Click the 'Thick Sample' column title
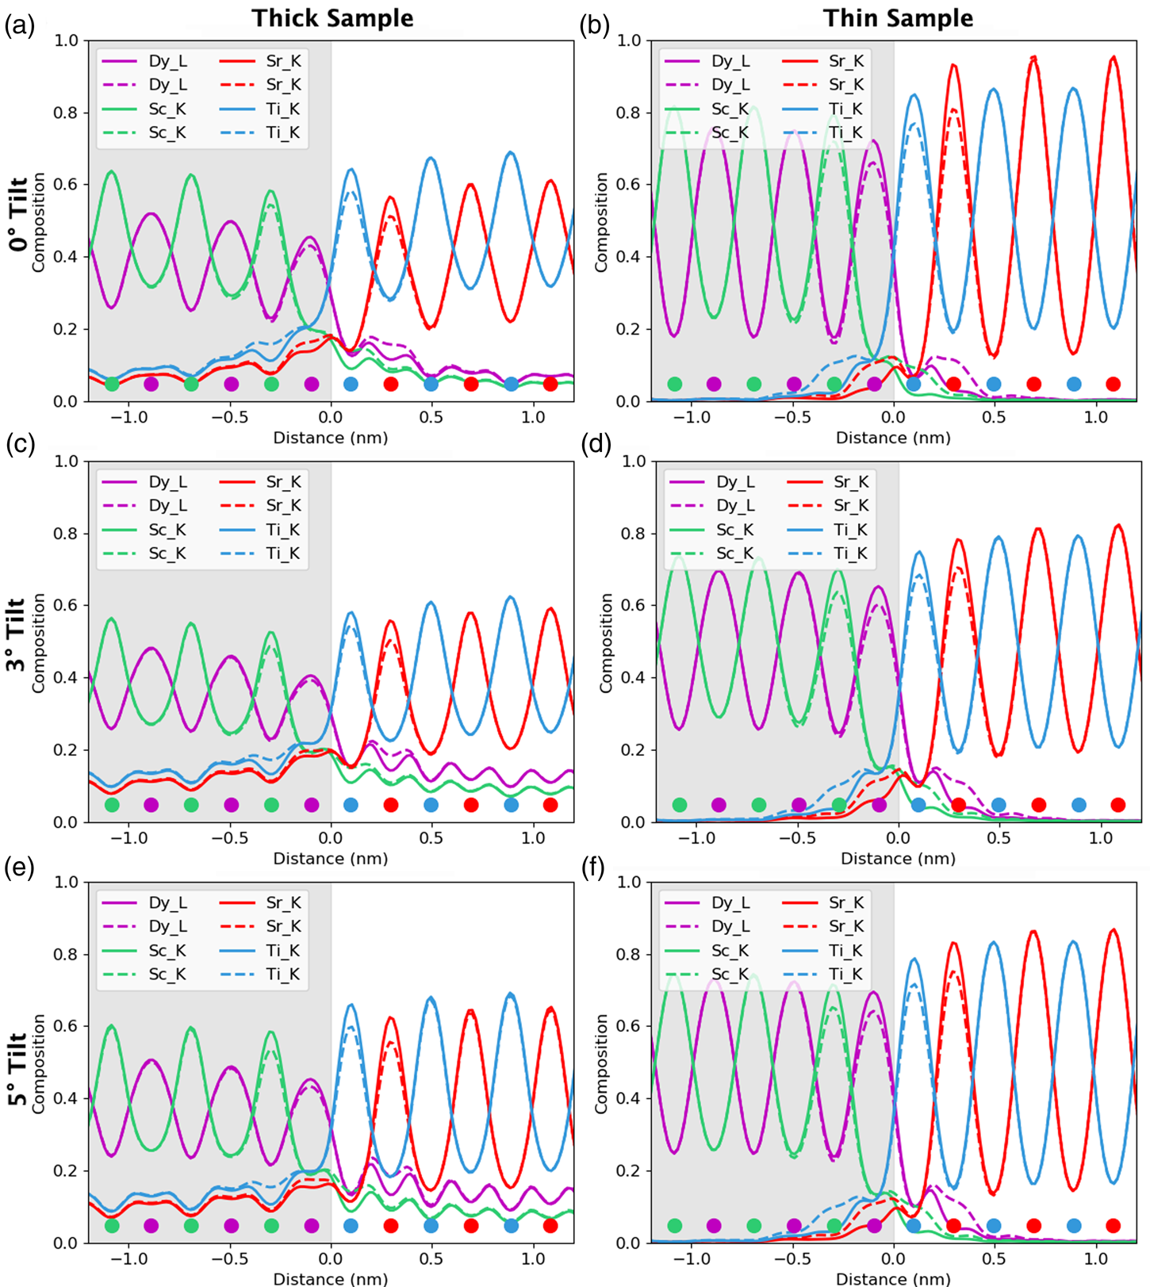[332, 18]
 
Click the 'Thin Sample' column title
[898, 18]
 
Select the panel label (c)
[20, 444]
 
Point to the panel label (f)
[594, 868]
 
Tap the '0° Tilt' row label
[18, 214]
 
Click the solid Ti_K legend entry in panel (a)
[261, 109]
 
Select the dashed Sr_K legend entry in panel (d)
[828, 506]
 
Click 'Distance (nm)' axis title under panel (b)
[893, 438]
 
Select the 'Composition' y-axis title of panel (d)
[606, 643]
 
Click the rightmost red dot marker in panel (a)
[550, 384]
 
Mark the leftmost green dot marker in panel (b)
[674, 384]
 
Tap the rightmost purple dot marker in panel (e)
[312, 1225]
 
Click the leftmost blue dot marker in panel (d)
[918, 805]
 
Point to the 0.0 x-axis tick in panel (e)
[331, 1258]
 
